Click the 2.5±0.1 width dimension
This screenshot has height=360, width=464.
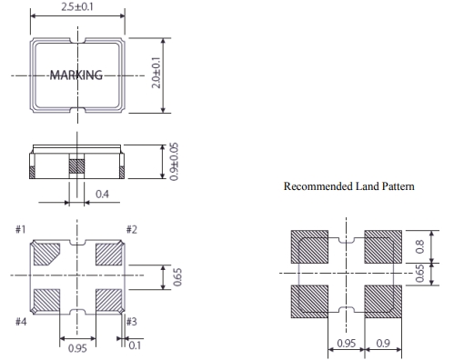pos(77,6)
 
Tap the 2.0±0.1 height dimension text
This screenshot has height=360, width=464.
pos(156,73)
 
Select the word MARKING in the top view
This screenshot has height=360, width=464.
pos(76,75)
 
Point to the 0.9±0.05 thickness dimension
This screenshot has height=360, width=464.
pos(174,162)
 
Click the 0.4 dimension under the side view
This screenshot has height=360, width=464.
pos(102,194)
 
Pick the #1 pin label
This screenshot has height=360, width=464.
pos(21,229)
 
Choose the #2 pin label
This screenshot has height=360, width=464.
pos(132,229)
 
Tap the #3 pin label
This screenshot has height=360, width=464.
pos(132,322)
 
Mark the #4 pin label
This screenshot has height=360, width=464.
pos(21,322)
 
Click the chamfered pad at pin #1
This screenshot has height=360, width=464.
pos(45,254)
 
